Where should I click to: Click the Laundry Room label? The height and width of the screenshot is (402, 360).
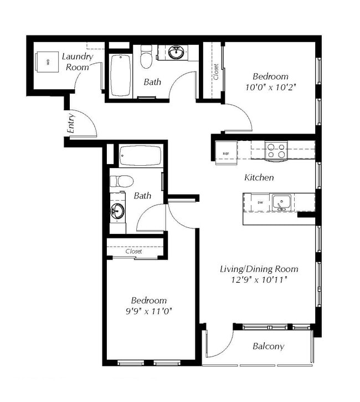coord(77,62)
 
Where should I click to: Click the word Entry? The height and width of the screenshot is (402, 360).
coord(71,127)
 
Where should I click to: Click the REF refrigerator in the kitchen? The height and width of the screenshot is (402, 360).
coord(226,153)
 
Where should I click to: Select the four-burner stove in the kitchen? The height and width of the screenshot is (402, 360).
coord(276,150)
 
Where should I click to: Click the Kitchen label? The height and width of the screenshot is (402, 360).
coord(259,178)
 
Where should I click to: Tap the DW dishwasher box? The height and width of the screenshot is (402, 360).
coord(260,203)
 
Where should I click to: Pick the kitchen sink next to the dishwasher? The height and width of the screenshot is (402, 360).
coord(281,202)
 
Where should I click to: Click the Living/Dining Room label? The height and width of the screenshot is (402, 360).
coord(259,269)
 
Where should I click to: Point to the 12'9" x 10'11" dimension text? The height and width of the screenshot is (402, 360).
coord(259,279)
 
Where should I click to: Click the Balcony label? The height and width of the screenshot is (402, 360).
coord(268,347)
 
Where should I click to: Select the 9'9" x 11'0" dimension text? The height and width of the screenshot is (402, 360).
coord(150,311)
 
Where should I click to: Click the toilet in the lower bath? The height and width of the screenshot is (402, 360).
coord(121,181)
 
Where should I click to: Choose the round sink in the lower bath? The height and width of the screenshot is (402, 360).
coord(118,211)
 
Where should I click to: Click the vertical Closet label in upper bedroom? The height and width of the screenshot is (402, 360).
coord(216,72)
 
